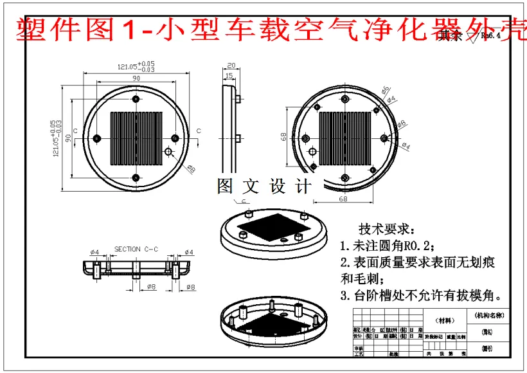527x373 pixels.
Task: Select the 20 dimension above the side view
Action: tap(231, 66)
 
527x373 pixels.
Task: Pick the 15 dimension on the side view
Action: tap(229, 77)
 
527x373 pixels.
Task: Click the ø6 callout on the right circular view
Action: tap(385, 89)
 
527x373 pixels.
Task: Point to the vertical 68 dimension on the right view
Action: tap(283, 137)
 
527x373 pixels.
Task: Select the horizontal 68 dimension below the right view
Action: tap(343, 199)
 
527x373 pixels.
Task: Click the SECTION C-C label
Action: tap(136, 249)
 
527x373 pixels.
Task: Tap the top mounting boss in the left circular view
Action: tap(136, 98)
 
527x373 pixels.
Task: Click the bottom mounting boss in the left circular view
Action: tap(136, 177)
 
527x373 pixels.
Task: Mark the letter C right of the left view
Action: tap(198, 131)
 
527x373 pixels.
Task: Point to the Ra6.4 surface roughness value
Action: tap(492, 36)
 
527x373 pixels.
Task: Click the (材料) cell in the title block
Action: tap(444, 320)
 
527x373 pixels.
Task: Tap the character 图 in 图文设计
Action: tap(226, 186)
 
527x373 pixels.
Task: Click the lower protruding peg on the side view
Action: tap(238, 138)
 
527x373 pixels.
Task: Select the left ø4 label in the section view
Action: tap(94, 252)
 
